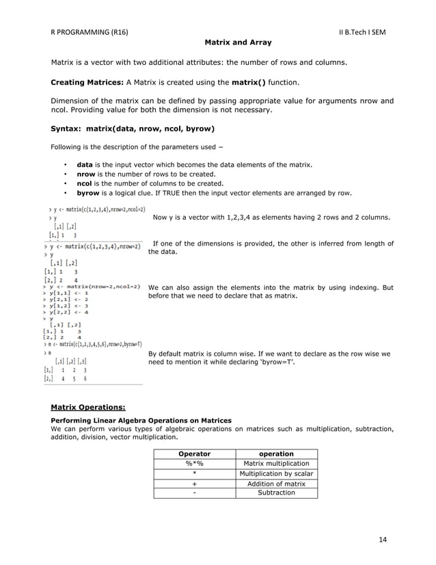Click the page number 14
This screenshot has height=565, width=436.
pyautogui.click(x=382, y=540)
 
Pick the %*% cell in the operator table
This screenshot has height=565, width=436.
pyautogui.click(x=194, y=463)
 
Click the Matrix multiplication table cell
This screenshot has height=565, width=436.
pyautogui.click(x=276, y=463)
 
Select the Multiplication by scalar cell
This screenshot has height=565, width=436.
pyautogui.click(x=276, y=473)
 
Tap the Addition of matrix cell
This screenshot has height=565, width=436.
pyautogui.click(x=276, y=484)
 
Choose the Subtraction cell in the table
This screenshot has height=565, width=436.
pyautogui.click(x=276, y=492)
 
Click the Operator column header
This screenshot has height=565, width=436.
pyautogui.click(x=194, y=454)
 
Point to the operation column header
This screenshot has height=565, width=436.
pyautogui.click(x=276, y=454)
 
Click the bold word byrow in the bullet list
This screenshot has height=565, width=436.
pyautogui.click(x=88, y=193)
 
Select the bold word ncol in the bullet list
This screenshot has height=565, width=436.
pyautogui.click(x=85, y=183)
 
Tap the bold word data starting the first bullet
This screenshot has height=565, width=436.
pyautogui.click(x=85, y=165)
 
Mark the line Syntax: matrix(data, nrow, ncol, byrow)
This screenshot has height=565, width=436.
pyautogui.click(x=133, y=128)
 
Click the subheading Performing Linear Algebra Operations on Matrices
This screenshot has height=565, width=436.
pyautogui.click(x=141, y=420)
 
